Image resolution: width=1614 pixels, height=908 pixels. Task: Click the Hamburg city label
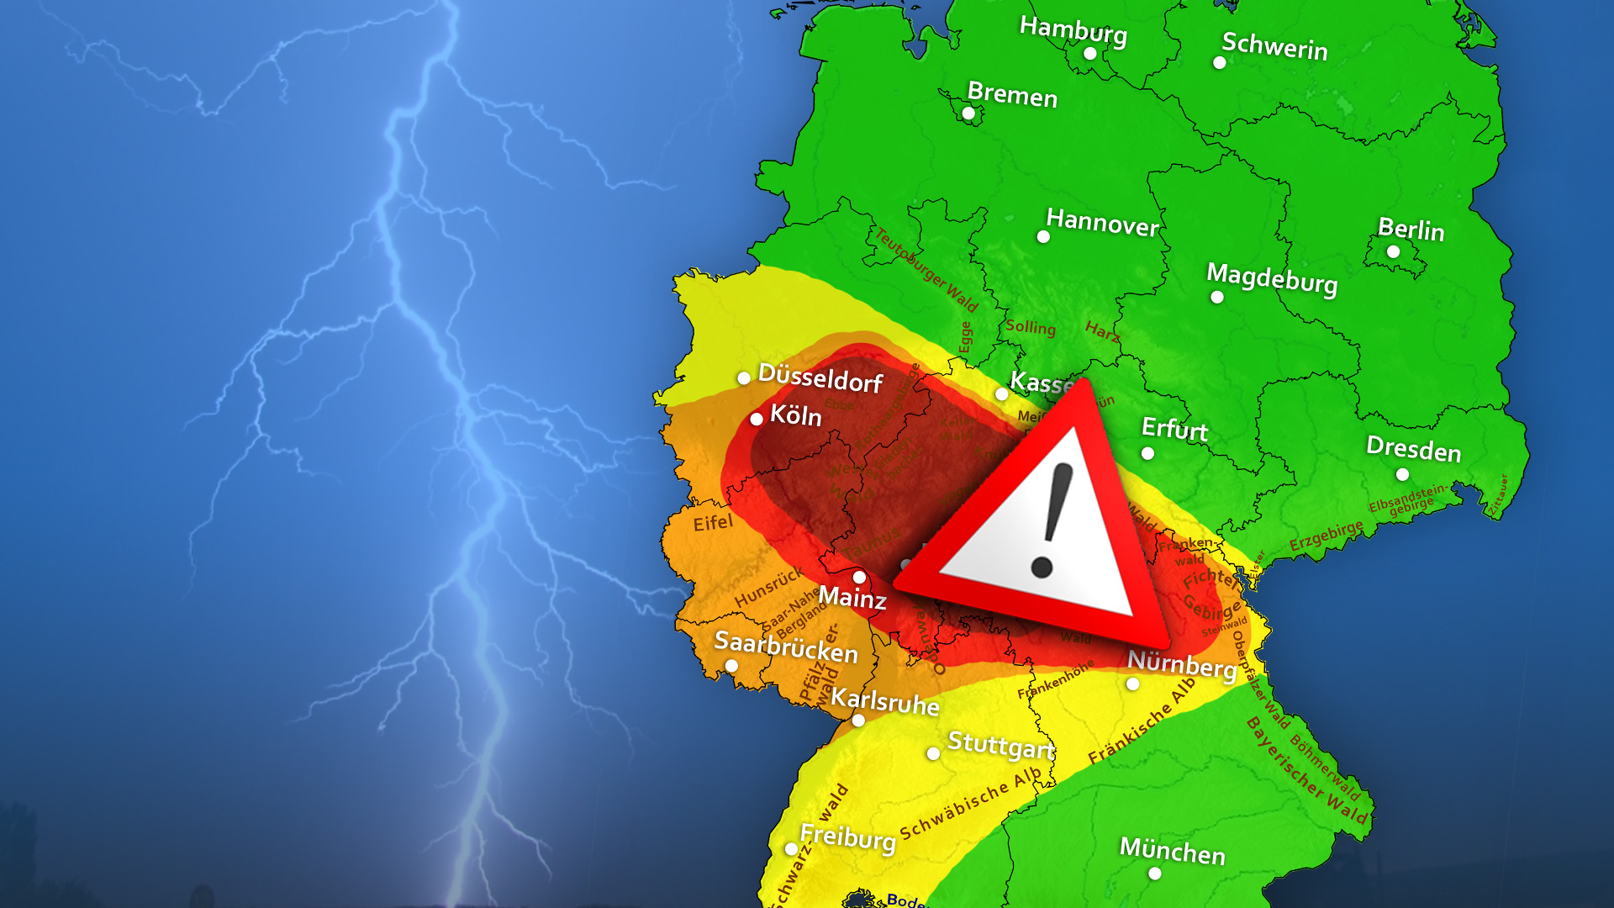(x=1073, y=30)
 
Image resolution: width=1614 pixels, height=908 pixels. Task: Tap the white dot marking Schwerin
(x=1219, y=62)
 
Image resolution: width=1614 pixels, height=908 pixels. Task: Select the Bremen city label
(x=1012, y=94)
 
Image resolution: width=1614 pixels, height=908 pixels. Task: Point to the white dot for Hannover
(x=1043, y=237)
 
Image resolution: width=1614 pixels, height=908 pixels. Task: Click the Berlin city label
(x=1411, y=230)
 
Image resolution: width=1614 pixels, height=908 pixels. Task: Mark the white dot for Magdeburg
(x=1216, y=297)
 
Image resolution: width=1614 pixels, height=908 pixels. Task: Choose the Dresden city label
(x=1413, y=449)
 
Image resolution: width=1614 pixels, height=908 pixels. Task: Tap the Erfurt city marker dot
(x=1147, y=454)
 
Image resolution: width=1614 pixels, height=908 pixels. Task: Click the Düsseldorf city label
(x=820, y=378)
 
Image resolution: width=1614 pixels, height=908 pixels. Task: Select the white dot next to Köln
(x=757, y=419)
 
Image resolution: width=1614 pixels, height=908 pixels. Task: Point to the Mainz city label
(x=852, y=598)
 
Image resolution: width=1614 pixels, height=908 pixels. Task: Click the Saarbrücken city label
(x=786, y=647)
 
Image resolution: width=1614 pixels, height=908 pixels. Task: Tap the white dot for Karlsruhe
(x=858, y=721)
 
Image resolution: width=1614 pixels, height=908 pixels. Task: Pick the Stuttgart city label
(x=1000, y=745)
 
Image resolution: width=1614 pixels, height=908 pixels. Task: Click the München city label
(x=1172, y=852)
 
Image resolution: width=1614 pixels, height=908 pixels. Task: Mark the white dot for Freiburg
(x=791, y=849)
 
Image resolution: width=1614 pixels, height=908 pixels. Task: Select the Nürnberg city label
(x=1181, y=664)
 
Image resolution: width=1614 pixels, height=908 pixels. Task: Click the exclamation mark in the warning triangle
(x=1052, y=521)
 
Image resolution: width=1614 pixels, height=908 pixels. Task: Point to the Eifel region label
(x=713, y=523)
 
